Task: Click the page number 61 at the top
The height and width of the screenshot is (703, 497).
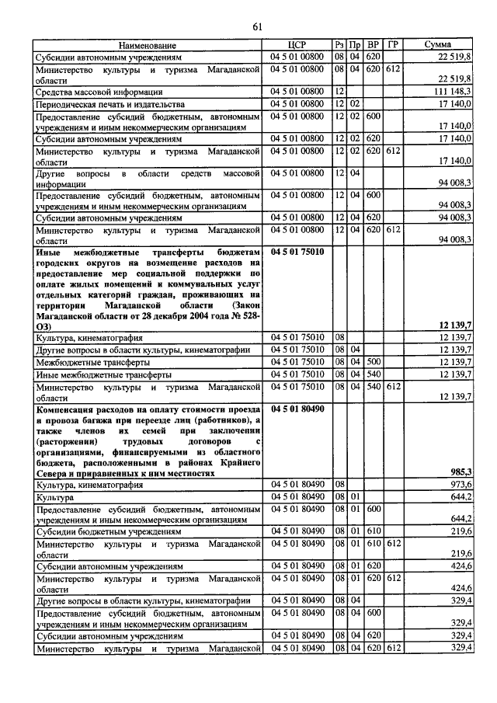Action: pyautogui.click(x=257, y=28)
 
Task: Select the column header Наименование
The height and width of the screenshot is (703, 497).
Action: pyautogui.click(x=148, y=46)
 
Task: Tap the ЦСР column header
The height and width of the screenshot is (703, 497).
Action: pyautogui.click(x=298, y=46)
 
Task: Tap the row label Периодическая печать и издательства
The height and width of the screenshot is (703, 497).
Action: pyautogui.click(x=110, y=103)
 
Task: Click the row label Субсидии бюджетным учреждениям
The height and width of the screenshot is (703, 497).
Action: pyautogui.click(x=108, y=532)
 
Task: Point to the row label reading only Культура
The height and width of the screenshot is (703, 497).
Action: pyautogui.click(x=54, y=496)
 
